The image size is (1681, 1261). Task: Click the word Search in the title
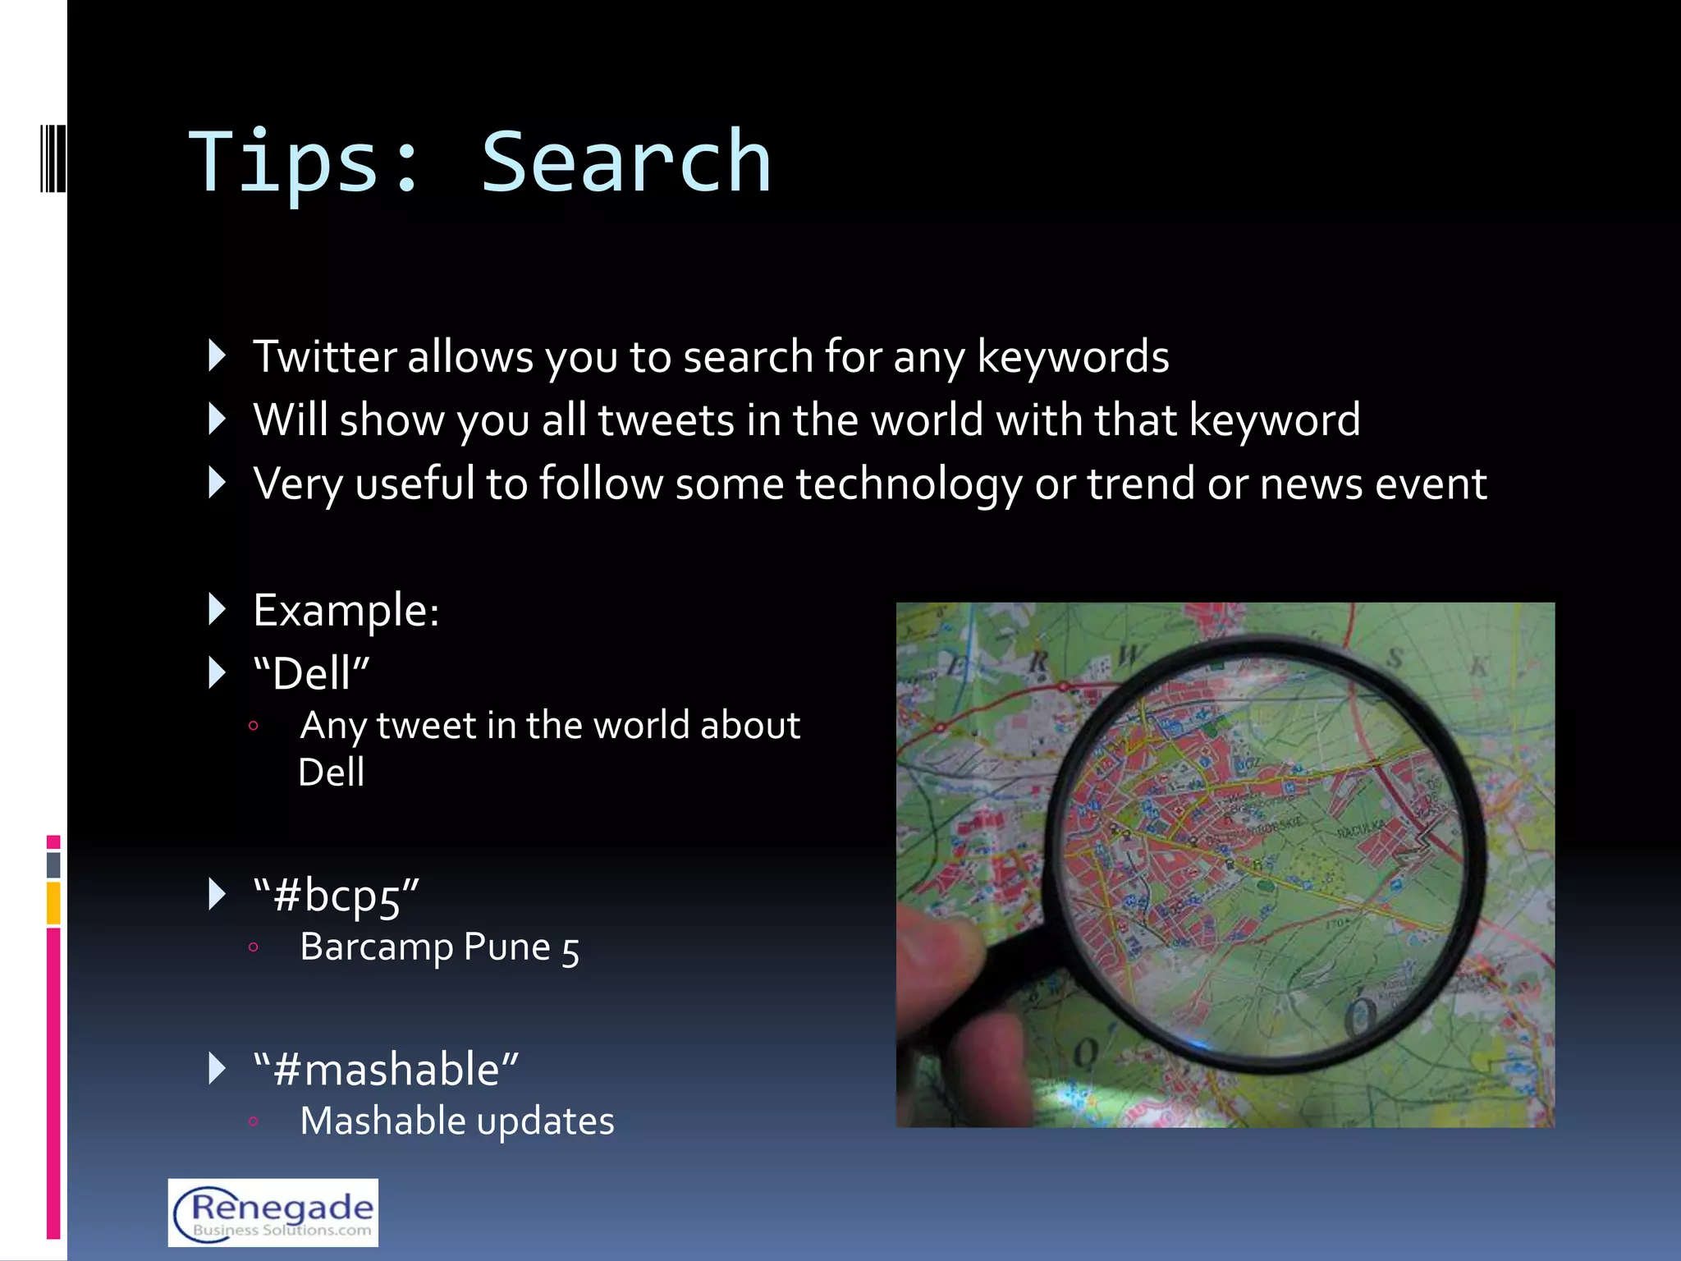tap(625, 163)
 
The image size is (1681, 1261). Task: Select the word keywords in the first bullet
tap(1073, 357)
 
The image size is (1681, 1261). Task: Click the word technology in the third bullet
tap(909, 484)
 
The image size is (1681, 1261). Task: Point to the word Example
tap(346, 611)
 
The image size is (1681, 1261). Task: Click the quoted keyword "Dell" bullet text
tap(312, 674)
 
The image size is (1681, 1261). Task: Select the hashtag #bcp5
tap(337, 896)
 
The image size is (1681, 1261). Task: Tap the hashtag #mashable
tap(386, 1070)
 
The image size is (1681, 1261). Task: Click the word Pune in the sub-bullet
tap(506, 947)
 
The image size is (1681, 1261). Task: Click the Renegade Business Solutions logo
tap(273, 1213)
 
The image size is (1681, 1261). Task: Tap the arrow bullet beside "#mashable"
tap(217, 1069)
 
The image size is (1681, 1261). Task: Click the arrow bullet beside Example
tap(217, 610)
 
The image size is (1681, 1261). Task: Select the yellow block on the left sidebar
tap(53, 903)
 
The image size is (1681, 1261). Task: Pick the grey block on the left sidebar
tap(53, 864)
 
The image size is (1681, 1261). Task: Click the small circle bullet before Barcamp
tap(254, 948)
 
